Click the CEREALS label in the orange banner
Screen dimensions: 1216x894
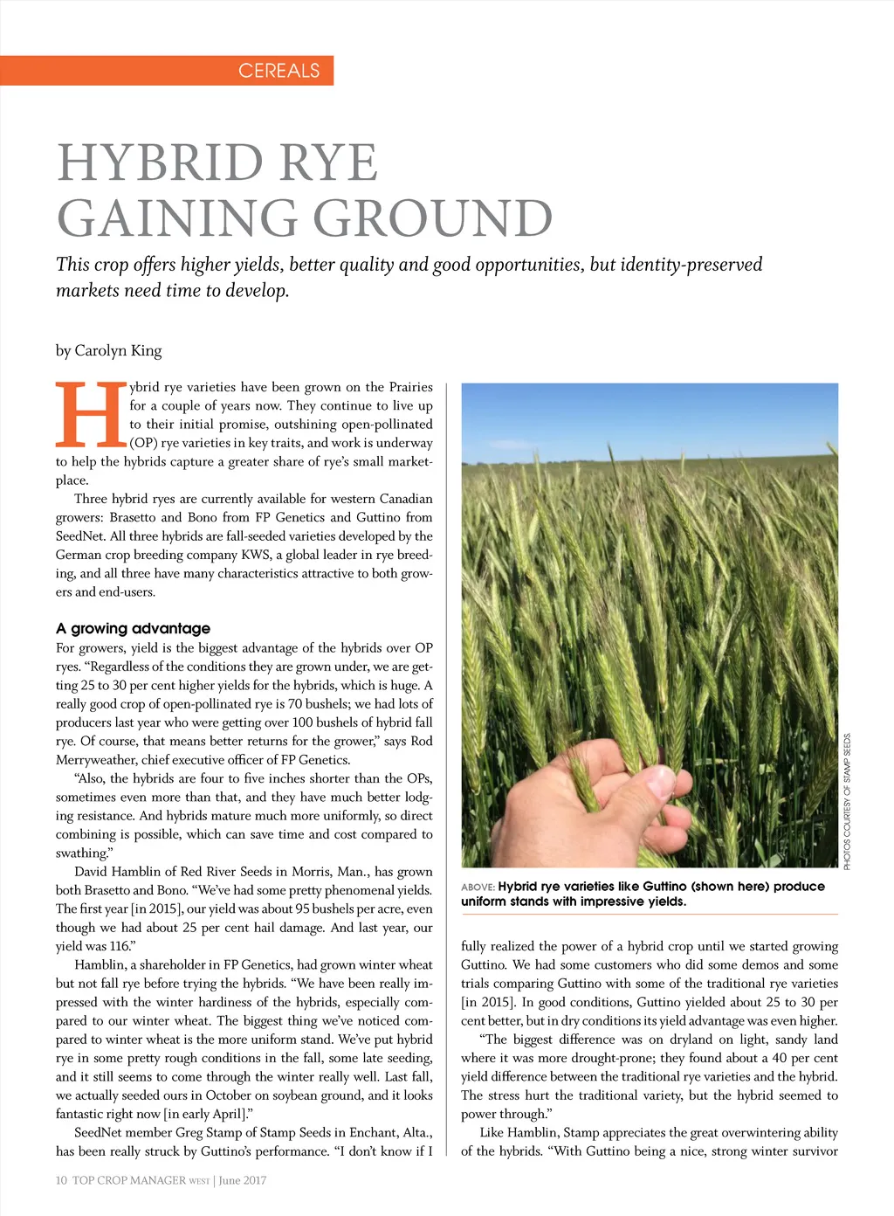point(279,71)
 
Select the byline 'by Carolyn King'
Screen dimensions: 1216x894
point(108,350)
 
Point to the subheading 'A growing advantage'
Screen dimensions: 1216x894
point(133,628)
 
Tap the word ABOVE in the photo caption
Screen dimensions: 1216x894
point(478,888)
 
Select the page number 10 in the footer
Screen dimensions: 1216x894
point(61,1180)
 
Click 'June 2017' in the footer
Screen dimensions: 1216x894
point(243,1180)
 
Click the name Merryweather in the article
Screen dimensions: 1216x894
point(96,760)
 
